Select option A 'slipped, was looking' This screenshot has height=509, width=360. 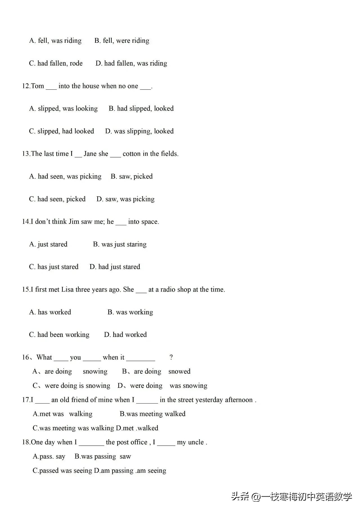coord(64,109)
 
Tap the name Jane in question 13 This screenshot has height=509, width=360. coord(90,154)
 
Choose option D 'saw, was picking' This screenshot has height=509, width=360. coord(125,199)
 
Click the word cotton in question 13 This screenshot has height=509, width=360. coord(131,154)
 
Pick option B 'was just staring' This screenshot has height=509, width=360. coord(120,244)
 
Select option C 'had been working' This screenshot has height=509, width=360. coord(59,335)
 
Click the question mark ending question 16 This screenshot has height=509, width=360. coord(171,357)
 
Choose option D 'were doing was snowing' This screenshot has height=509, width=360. coord(162,386)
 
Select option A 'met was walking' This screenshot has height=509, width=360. coord(62,414)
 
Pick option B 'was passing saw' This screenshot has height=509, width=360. coord(103,456)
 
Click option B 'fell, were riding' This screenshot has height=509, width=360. coord(122,41)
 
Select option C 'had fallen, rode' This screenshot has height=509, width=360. coord(56,63)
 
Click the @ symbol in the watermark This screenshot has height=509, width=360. coord(256,497)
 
